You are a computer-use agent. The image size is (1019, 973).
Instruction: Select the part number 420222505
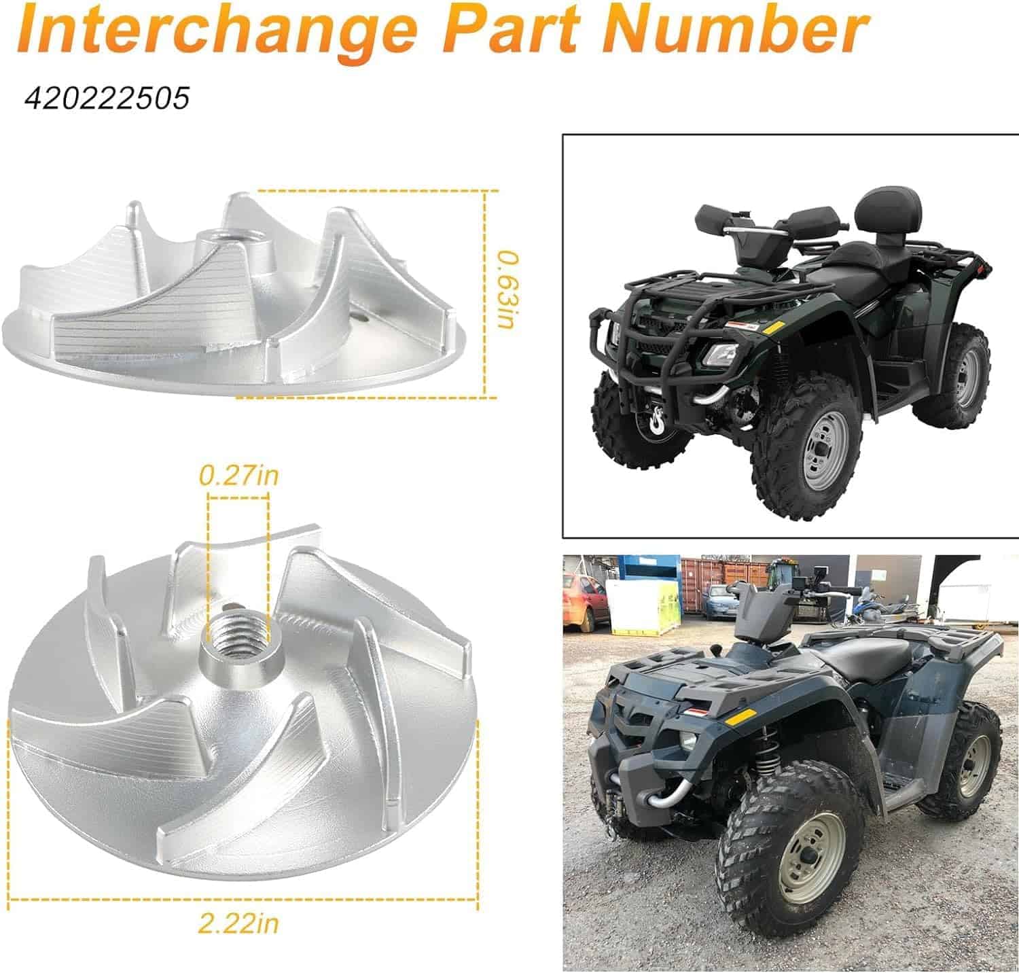click(x=107, y=99)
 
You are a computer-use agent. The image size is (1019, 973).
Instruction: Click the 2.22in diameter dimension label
click(x=238, y=923)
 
